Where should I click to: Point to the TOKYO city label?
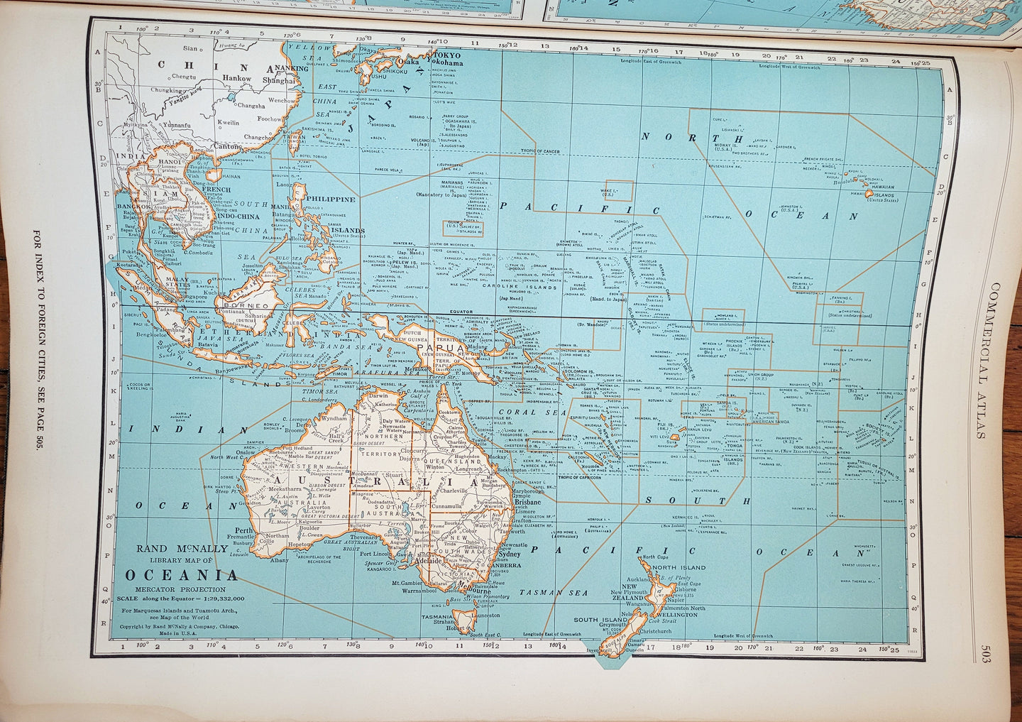(447, 55)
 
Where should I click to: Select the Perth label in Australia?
(244, 530)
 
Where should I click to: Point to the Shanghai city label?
(278, 80)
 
